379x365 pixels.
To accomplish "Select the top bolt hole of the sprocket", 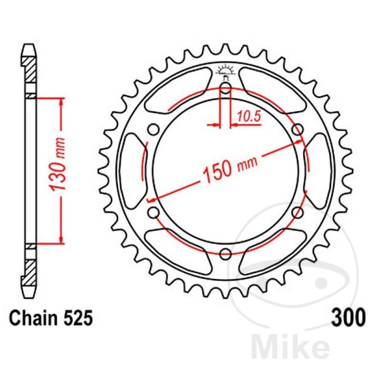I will click(225, 87).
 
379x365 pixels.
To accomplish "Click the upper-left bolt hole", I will click(153, 129).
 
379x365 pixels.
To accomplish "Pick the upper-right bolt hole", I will click(298, 129).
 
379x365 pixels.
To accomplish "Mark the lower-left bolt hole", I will click(153, 213).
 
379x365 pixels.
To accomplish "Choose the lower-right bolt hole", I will click(298, 213).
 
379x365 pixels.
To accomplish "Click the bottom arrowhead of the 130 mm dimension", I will click(61, 240).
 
